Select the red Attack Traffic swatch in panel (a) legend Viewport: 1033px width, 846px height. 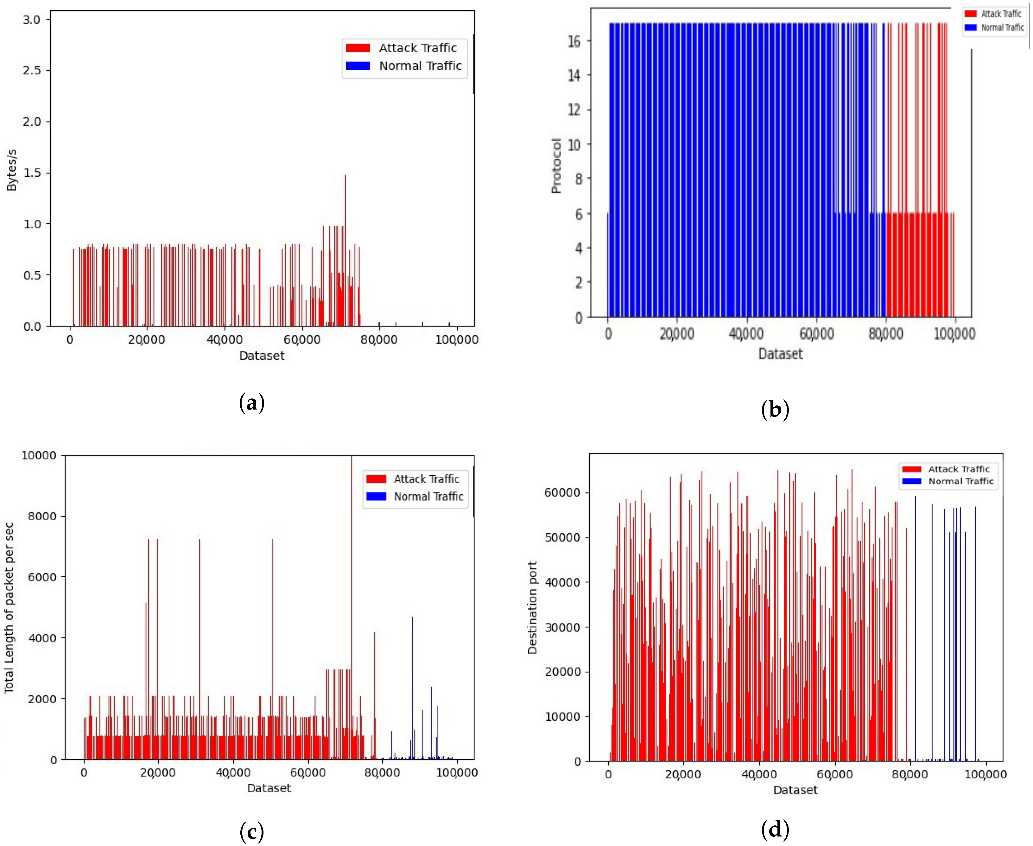pos(358,48)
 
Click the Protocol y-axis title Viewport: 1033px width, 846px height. pos(556,166)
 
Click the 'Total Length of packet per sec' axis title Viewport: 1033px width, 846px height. pos(9,608)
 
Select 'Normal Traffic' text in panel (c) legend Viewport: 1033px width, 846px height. pos(428,497)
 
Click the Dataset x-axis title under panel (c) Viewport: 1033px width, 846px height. pos(269,788)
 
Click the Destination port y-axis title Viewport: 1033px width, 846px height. pos(532,608)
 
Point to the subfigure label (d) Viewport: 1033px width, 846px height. pos(775,829)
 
